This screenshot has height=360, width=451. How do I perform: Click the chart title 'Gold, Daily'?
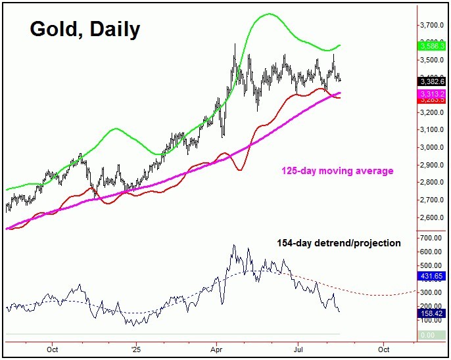coord(84,29)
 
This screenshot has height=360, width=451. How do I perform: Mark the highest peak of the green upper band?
coord(268,14)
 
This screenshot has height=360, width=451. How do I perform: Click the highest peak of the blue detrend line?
coord(233,246)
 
